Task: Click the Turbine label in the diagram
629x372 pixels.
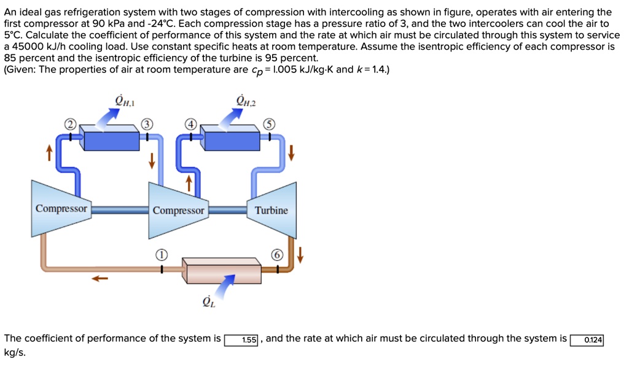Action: (x=271, y=211)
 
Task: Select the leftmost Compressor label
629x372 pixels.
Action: (x=61, y=209)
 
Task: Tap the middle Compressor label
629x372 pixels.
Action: (x=178, y=211)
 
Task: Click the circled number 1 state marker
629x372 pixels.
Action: (x=161, y=254)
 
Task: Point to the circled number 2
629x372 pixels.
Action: (x=71, y=125)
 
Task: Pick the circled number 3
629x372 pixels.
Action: (x=146, y=125)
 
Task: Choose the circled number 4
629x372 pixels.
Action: (x=192, y=125)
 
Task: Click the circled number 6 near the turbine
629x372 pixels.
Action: (x=278, y=254)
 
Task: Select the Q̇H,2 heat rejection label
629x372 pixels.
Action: (x=245, y=100)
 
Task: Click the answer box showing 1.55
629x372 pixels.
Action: (x=244, y=340)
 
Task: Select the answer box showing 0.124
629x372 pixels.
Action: (x=587, y=340)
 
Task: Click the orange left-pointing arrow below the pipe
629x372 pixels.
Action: (x=100, y=279)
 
